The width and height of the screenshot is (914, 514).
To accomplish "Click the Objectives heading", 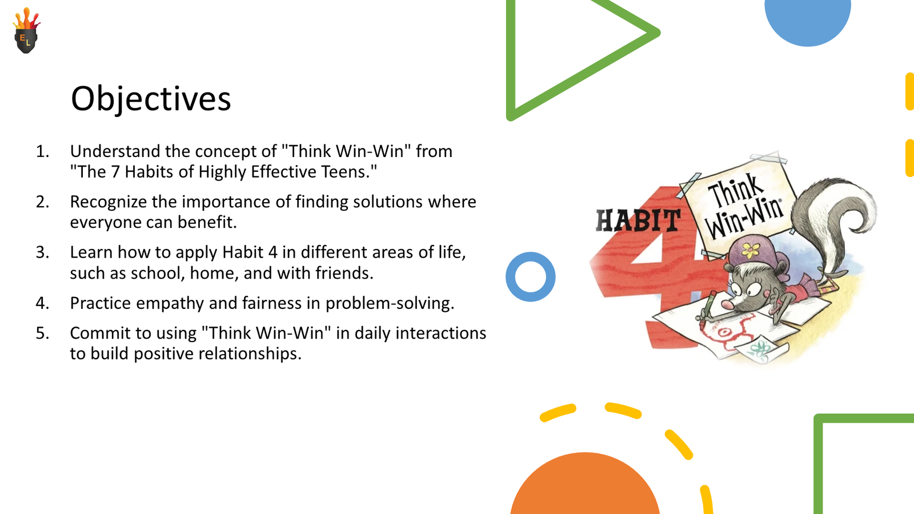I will pyautogui.click(x=151, y=98).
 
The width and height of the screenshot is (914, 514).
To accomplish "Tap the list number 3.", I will pyautogui.click(x=42, y=252).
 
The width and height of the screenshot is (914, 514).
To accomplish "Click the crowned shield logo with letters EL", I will pyautogui.click(x=26, y=32).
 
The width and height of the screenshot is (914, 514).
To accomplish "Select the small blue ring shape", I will pyautogui.click(x=530, y=276).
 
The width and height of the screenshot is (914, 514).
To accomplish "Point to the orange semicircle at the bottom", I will pyautogui.click(x=584, y=485).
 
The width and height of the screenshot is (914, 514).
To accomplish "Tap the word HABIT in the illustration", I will pyautogui.click(x=638, y=220).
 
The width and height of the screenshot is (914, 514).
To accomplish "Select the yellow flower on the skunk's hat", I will pyautogui.click(x=750, y=250).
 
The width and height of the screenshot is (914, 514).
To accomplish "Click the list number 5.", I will pyautogui.click(x=42, y=333).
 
